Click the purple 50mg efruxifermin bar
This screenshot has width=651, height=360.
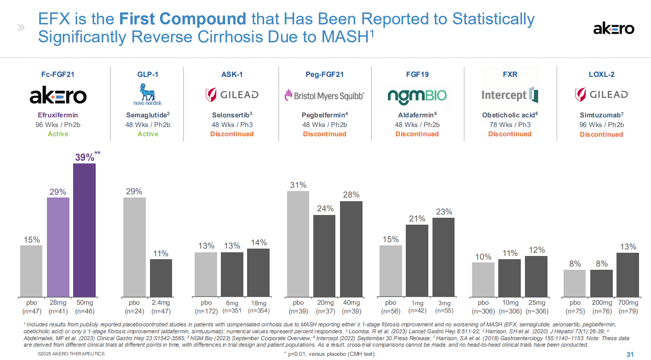[x=84, y=230]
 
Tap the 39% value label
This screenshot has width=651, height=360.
[x=85, y=157]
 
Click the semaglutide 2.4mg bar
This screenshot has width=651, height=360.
[x=161, y=278]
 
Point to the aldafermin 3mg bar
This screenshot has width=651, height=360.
[x=443, y=257]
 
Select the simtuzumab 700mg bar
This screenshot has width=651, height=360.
[x=628, y=274]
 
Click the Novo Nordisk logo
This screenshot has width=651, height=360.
[x=148, y=94]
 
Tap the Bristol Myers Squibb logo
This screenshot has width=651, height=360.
[x=324, y=95]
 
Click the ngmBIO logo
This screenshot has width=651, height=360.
[x=417, y=95]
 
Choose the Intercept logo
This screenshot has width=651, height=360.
[x=509, y=95]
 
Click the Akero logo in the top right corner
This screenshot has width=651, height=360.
[x=613, y=29]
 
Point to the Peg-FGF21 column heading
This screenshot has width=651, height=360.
[x=324, y=74]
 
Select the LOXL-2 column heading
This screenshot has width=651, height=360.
[x=601, y=74]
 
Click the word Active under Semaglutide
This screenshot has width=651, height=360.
[x=148, y=134]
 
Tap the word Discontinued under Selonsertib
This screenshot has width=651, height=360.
[x=232, y=134]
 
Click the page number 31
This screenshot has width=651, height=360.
[x=630, y=354]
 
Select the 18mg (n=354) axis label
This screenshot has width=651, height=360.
[x=259, y=307]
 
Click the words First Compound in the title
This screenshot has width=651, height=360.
[x=183, y=19]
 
